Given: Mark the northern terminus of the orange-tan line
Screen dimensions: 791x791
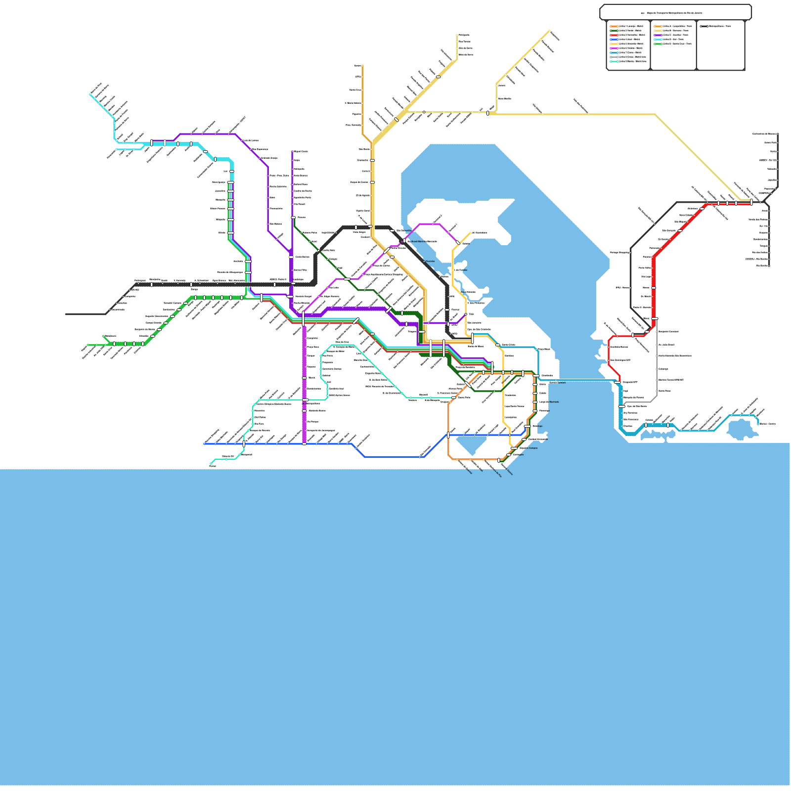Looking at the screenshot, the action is click(x=362, y=66).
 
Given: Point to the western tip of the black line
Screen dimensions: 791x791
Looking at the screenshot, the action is click(x=66, y=314).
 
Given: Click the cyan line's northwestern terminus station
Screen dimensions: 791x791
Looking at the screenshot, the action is click(x=91, y=94).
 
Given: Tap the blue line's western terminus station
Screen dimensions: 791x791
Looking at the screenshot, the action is click(x=205, y=444).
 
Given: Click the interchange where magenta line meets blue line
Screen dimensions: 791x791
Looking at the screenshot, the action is click(x=304, y=444).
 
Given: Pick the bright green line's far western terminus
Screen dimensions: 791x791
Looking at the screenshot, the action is click(x=88, y=345).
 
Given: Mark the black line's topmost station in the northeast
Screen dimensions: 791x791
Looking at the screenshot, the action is click(x=778, y=134).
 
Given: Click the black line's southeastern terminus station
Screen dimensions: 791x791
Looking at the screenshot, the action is click(x=769, y=265).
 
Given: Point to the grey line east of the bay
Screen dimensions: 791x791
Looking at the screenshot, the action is click(x=657, y=366).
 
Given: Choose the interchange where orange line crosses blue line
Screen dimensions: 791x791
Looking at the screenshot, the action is click(x=448, y=435).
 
